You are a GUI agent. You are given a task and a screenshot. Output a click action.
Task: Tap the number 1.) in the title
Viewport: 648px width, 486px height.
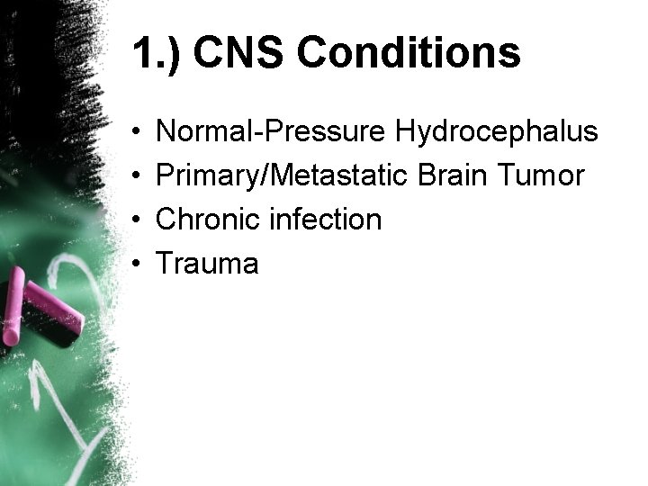tap(157, 53)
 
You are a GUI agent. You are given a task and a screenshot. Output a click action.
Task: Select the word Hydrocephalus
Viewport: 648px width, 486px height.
tap(496, 132)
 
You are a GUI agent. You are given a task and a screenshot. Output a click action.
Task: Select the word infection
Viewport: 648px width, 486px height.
tap(323, 219)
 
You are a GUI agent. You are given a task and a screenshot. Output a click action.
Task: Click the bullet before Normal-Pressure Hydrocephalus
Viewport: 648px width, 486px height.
tap(137, 133)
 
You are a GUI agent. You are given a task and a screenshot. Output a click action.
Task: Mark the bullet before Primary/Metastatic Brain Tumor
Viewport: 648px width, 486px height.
tap(137, 176)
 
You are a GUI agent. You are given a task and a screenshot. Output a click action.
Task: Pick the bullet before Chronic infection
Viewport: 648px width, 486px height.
tap(137, 220)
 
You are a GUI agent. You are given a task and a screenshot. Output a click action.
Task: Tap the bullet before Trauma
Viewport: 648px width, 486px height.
tap(137, 264)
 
